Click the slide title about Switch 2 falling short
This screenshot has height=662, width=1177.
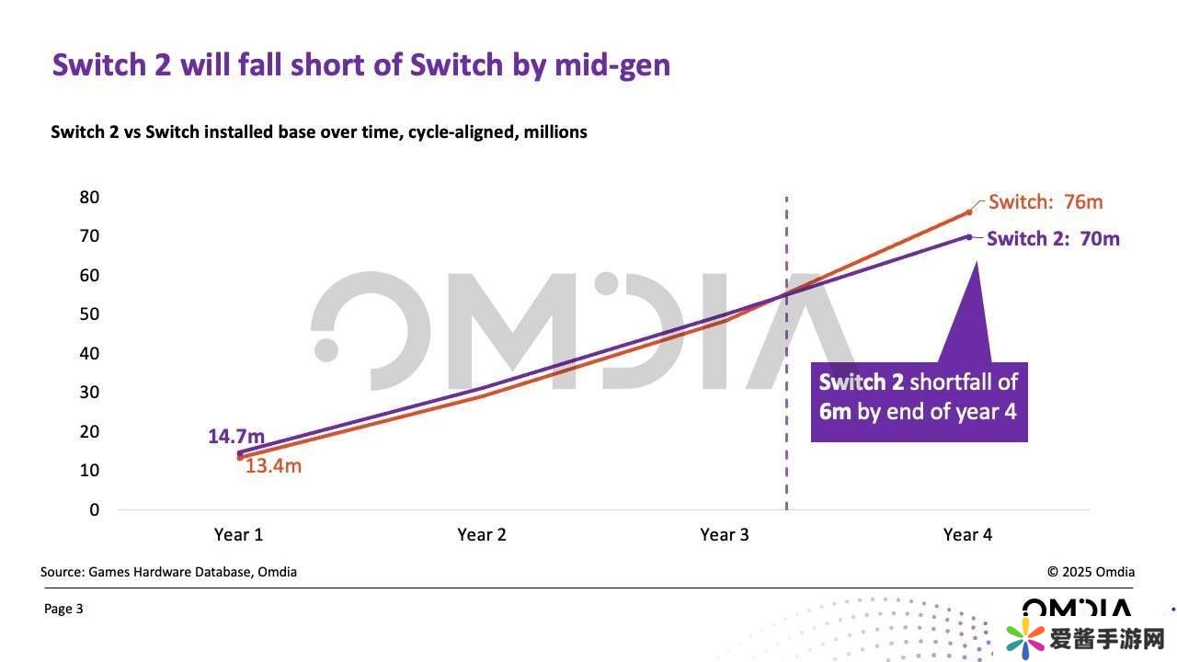(x=360, y=65)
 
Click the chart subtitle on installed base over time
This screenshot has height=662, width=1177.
(x=318, y=131)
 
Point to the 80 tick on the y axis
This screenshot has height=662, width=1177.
(x=89, y=197)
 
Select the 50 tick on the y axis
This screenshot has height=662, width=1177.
(x=89, y=314)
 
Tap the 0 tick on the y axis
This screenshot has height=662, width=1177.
(x=94, y=509)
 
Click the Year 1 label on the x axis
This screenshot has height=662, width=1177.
(x=238, y=534)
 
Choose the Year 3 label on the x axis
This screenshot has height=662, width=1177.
(x=724, y=534)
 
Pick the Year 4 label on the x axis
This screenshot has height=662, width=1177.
(x=967, y=534)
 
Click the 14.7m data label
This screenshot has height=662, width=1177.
(x=235, y=436)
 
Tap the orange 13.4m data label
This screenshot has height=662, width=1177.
(x=273, y=466)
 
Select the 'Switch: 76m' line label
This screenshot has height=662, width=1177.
(x=1046, y=202)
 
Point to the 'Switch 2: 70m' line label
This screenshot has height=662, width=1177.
(x=1053, y=239)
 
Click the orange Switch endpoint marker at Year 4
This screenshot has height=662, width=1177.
(x=968, y=212)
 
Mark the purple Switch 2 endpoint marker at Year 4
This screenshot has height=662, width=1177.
(x=968, y=236)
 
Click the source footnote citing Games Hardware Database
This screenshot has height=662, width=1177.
(x=168, y=572)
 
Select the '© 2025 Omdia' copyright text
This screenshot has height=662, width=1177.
(x=1091, y=572)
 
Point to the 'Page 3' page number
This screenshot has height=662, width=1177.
(x=63, y=609)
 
